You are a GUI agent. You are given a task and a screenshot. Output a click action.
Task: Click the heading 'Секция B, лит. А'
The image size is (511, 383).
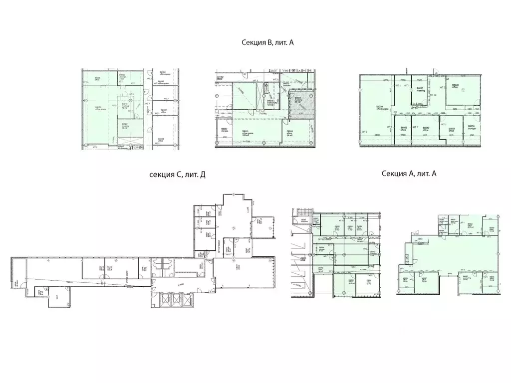(267, 43)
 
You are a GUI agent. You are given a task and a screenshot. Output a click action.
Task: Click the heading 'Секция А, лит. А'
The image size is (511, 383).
(409, 173)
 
